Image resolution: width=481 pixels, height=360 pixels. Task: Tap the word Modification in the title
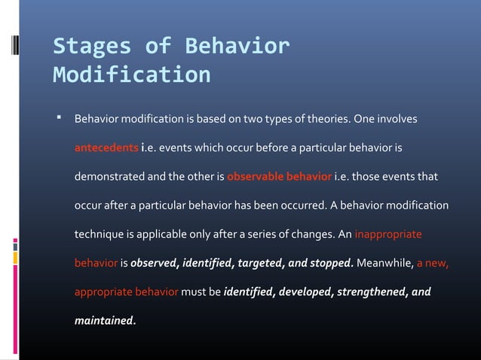pos(132,76)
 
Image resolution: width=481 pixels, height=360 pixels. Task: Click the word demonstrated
pos(110,178)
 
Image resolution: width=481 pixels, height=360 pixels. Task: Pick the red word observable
pos(254,178)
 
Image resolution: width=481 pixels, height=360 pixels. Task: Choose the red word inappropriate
pos(388,235)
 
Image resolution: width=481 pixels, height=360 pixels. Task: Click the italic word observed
pos(156,264)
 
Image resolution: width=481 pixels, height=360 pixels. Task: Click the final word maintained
pos(103,321)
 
